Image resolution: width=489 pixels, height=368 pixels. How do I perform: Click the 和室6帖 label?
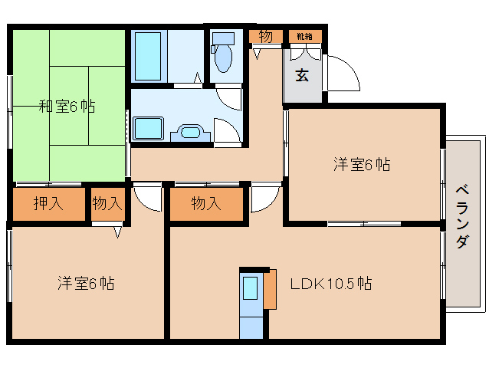pyautogui.click(x=67, y=107)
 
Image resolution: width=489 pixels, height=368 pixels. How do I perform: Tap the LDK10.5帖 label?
pyautogui.click(x=330, y=284)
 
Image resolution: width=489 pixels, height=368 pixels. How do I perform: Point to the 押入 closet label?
pyautogui.click(x=48, y=204)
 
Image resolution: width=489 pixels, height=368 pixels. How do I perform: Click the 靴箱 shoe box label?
pyautogui.click(x=305, y=36)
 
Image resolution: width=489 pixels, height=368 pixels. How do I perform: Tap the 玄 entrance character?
pyautogui.click(x=303, y=75)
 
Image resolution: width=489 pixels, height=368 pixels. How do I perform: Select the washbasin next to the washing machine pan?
pyautogui.click(x=190, y=133)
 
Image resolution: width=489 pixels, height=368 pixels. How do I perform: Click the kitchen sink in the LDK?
pyautogui.click(x=251, y=290)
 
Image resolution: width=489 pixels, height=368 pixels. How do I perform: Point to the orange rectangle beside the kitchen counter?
pyautogui.click(x=269, y=288)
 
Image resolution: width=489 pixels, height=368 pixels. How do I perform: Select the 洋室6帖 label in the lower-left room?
pyautogui.click(x=86, y=284)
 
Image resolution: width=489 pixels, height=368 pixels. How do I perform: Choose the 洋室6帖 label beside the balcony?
pyautogui.click(x=361, y=164)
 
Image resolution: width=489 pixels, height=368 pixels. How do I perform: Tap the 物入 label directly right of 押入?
pyautogui.click(x=107, y=204)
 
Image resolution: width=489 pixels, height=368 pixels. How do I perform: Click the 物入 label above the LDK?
pyautogui.click(x=205, y=204)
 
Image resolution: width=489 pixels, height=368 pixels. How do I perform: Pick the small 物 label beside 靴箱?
pyautogui.click(x=265, y=36)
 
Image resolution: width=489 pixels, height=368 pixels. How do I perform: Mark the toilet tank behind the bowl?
pyautogui.click(x=223, y=38)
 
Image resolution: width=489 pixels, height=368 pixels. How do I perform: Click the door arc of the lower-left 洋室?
pyautogui.click(x=147, y=198)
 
